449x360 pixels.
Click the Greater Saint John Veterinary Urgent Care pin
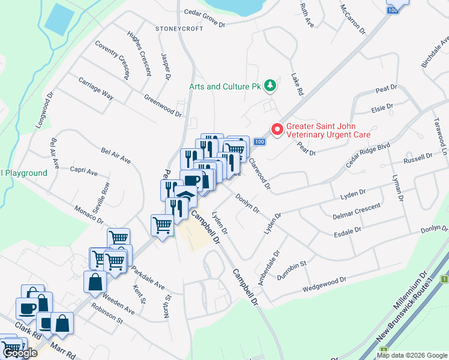click(277, 129)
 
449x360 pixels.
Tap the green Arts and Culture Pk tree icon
click(270, 86)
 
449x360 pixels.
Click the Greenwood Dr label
click(162, 104)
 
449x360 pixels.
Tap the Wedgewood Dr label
click(326, 282)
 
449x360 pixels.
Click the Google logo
click(20, 353)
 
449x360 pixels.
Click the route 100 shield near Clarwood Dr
click(258, 142)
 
